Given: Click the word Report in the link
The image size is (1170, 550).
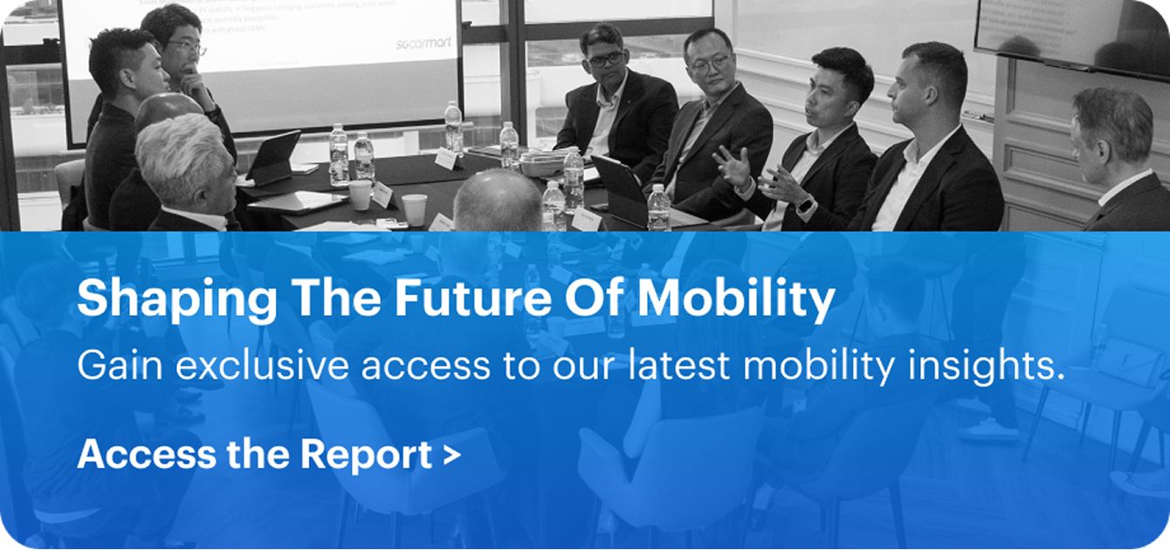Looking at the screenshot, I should [x=366, y=454].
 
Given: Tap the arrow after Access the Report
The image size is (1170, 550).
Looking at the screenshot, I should [x=452, y=455].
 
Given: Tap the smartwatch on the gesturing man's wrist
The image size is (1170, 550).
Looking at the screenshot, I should [x=805, y=206].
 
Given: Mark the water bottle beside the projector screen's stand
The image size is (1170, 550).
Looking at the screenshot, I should [x=453, y=127].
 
